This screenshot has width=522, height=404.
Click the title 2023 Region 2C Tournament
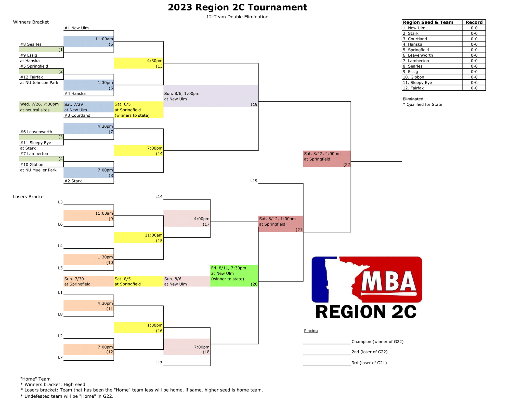[237, 7]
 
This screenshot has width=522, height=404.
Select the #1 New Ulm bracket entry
[76, 28]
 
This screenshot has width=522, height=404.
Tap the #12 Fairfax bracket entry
[31, 77]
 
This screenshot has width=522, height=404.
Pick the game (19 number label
[254, 104]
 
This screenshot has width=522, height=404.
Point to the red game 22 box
[327, 159]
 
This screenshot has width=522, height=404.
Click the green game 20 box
[234, 276]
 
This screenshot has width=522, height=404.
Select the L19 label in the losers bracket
[254, 181]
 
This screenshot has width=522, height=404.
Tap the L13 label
[159, 363]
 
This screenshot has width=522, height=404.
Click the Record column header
[474, 22]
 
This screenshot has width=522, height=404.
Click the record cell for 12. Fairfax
[474, 88]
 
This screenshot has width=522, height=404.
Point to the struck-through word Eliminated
[413, 99]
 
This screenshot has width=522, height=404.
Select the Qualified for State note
[422, 104]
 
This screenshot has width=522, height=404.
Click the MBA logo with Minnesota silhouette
[367, 279]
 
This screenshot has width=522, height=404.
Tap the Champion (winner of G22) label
[377, 341]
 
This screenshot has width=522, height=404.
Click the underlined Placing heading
[311, 331]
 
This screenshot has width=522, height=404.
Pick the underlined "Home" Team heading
[35, 379]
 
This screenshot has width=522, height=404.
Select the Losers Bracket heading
[29, 197]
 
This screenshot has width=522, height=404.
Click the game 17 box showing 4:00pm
[187, 218]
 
